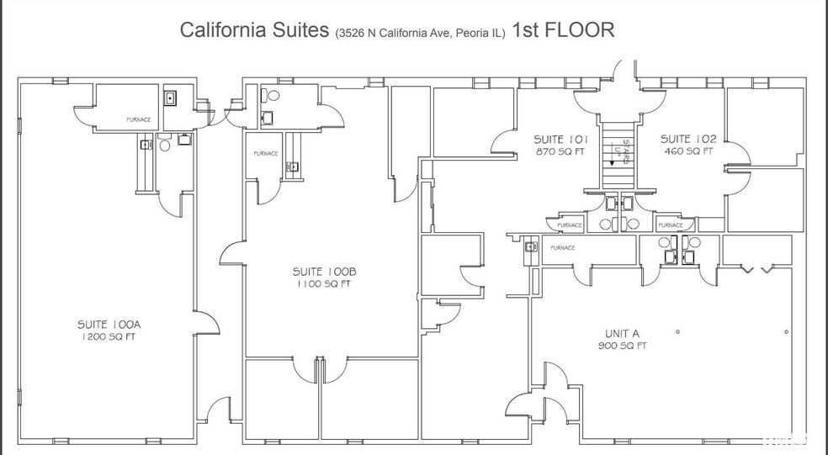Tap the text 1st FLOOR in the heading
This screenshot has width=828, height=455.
click(562, 30)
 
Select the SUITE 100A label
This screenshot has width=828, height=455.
click(106, 324)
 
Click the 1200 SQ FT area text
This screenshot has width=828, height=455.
click(106, 336)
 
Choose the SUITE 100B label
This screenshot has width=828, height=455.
click(326, 272)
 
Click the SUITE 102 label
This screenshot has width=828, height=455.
click(687, 140)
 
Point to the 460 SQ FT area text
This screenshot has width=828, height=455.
click(687, 152)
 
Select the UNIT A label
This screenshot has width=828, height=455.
click(623, 332)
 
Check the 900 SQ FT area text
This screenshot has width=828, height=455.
click(623, 345)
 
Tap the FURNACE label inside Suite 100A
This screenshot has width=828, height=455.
click(138, 120)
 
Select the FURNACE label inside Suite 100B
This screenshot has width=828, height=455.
click(266, 154)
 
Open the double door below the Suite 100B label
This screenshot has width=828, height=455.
click(320, 368)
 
